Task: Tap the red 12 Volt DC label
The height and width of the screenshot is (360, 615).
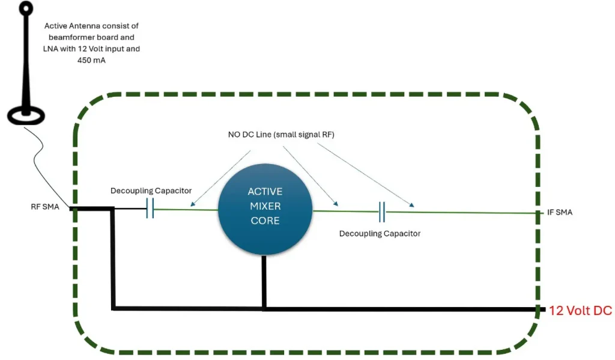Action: (x=580, y=311)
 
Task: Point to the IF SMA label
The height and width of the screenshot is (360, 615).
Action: (x=560, y=213)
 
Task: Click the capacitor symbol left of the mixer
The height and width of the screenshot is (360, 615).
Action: (x=151, y=209)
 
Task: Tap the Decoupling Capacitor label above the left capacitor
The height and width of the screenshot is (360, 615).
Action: (x=151, y=191)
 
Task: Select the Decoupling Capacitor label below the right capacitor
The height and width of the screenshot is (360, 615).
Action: (x=380, y=233)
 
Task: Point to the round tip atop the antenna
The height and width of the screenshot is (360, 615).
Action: (x=26, y=8)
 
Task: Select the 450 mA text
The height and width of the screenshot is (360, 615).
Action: (x=92, y=60)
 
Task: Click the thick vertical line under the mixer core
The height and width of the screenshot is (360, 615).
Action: (x=264, y=282)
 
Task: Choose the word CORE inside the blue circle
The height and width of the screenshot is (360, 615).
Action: (x=265, y=221)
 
